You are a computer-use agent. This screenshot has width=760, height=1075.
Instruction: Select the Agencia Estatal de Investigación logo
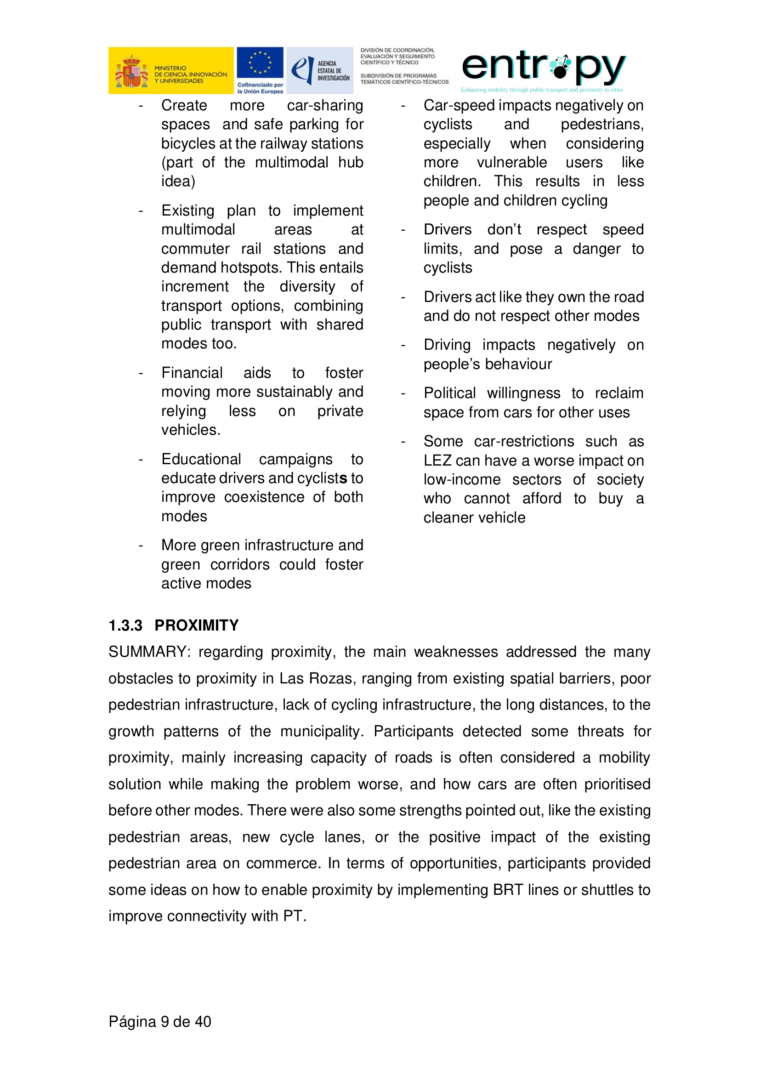[320, 70]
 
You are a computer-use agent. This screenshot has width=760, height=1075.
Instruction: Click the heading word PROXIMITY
[197, 625]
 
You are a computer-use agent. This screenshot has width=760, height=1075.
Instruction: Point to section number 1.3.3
[125, 625]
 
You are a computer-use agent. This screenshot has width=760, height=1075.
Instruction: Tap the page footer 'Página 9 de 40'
[159, 1021]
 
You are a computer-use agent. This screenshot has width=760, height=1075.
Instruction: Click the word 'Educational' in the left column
[201, 459]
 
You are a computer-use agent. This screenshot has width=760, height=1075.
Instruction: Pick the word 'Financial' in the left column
[192, 373]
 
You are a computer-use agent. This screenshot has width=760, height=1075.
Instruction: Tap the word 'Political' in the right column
[449, 393]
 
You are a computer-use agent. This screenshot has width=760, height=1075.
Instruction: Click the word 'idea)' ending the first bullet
[178, 181]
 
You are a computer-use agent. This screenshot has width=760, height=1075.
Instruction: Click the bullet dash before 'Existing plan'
[141, 211]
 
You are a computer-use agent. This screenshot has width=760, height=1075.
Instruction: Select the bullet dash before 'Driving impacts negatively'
[403, 346]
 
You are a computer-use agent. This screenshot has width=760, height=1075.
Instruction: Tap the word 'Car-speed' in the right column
[459, 106]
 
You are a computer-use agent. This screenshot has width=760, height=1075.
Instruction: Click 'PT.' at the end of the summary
[295, 916]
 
